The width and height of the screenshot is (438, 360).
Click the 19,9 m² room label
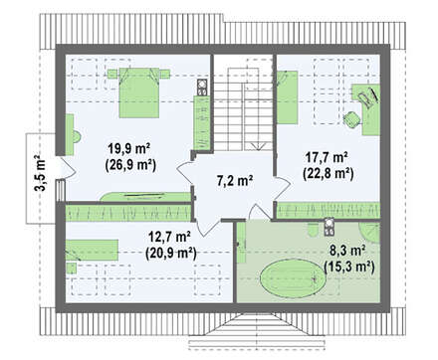[129, 149]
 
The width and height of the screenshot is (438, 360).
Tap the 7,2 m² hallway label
[235, 181]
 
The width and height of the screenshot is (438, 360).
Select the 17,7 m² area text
[327, 157]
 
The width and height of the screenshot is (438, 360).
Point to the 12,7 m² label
[169, 237]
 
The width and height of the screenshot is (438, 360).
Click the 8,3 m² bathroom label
[347, 251]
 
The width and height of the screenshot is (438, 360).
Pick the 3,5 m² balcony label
[41, 173]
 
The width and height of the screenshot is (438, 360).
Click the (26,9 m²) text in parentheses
[130, 165]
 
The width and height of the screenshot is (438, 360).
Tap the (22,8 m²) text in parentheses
[328, 173]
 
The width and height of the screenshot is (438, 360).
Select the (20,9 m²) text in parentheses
[171, 254]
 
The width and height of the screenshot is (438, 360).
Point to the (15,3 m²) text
[349, 267]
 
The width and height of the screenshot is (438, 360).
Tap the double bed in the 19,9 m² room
[138, 92]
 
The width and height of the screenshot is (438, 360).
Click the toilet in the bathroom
[313, 230]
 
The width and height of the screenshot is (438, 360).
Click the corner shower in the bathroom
[370, 233]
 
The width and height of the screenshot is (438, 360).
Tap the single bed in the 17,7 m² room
[288, 97]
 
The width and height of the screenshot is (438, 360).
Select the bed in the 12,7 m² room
[92, 250]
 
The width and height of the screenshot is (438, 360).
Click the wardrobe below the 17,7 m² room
[328, 211]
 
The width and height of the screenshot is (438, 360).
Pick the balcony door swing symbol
[68, 168]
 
